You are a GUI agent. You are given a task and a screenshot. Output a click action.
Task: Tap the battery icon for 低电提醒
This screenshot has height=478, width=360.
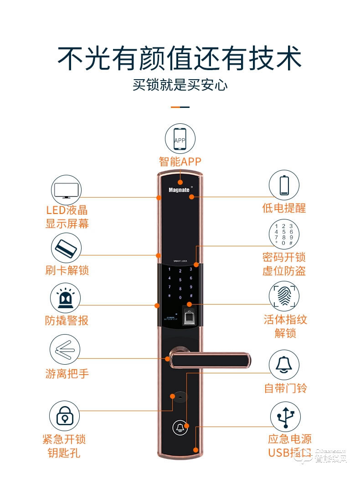tap(283, 185)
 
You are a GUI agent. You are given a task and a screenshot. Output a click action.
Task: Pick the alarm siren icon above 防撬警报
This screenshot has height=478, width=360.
tap(66, 299)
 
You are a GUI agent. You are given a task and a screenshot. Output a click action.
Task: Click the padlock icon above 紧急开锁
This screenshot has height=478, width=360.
tap(65, 416)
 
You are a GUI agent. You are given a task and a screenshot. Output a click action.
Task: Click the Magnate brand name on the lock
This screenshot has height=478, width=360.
tap(179, 189)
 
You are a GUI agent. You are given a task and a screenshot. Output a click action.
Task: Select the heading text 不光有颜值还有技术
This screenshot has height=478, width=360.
tap(180, 58)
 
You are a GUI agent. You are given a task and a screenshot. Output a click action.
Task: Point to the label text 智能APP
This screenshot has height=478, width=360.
tap(180, 161)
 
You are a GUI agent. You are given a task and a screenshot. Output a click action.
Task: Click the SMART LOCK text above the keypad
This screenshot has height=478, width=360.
tap(180, 261)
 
